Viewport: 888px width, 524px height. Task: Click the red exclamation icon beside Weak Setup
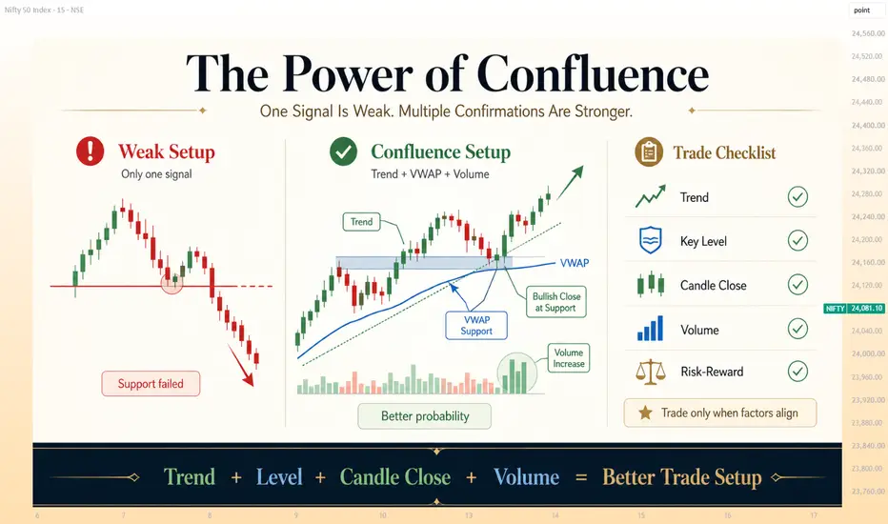pyautogui.click(x=91, y=151)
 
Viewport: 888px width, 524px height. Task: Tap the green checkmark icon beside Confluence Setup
pyautogui.click(x=343, y=151)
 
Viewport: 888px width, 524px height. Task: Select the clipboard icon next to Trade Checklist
pyautogui.click(x=649, y=151)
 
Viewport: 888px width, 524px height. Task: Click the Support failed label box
pyautogui.click(x=151, y=384)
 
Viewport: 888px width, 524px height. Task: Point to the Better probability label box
pyautogui.click(x=425, y=416)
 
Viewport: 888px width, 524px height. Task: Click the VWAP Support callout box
pyautogui.click(x=476, y=326)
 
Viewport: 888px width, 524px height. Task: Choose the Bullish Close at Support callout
pyautogui.click(x=556, y=302)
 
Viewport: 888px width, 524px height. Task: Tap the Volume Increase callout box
pyautogui.click(x=569, y=358)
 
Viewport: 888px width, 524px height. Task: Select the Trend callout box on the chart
pyautogui.click(x=361, y=221)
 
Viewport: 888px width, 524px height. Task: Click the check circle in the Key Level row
pyautogui.click(x=797, y=241)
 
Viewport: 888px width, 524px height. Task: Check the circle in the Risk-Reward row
pyautogui.click(x=797, y=372)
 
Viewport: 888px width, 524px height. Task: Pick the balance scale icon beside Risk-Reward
pyautogui.click(x=650, y=373)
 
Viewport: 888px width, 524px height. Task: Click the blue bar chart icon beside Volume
pyautogui.click(x=650, y=329)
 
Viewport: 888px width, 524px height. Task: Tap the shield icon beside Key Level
pyautogui.click(x=650, y=240)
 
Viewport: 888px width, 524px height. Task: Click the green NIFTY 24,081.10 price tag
pyautogui.click(x=854, y=308)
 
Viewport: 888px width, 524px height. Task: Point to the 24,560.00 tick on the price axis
pyautogui.click(x=868, y=33)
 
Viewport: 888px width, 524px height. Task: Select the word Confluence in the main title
pyautogui.click(x=593, y=74)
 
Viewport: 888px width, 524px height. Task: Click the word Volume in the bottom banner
pyautogui.click(x=526, y=477)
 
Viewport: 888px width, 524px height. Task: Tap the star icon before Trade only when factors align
pyautogui.click(x=645, y=413)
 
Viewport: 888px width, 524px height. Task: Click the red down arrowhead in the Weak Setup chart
pyautogui.click(x=248, y=378)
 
